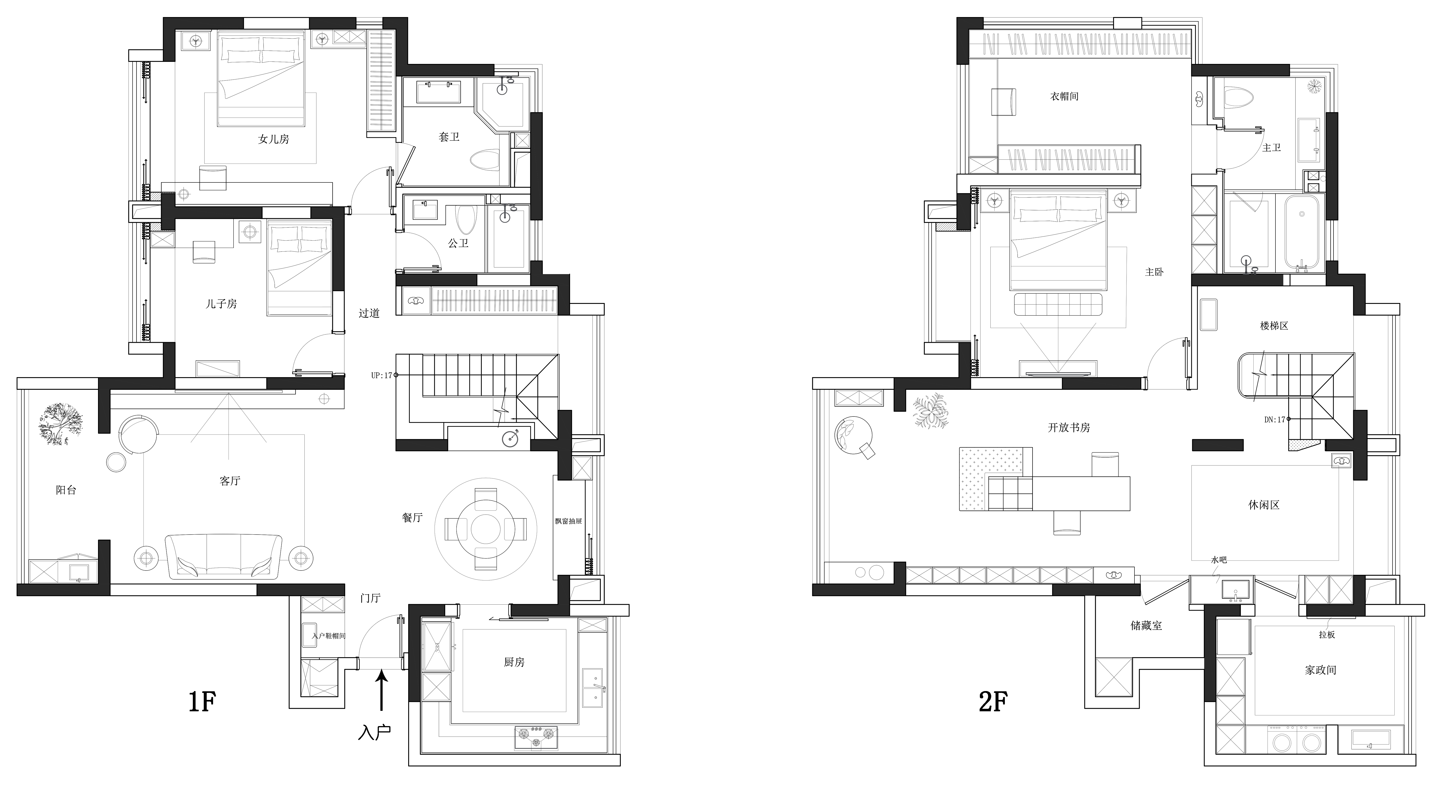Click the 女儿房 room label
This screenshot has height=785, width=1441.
tap(274, 139)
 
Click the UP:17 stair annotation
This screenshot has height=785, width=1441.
tap(382, 375)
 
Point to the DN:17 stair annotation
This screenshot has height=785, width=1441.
tap(1275, 419)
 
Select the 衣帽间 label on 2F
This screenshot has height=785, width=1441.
tap(1064, 96)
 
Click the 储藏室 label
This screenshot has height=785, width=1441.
tap(1146, 626)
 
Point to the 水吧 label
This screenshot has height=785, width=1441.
tap(1219, 560)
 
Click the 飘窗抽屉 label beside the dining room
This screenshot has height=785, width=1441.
tap(568, 521)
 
